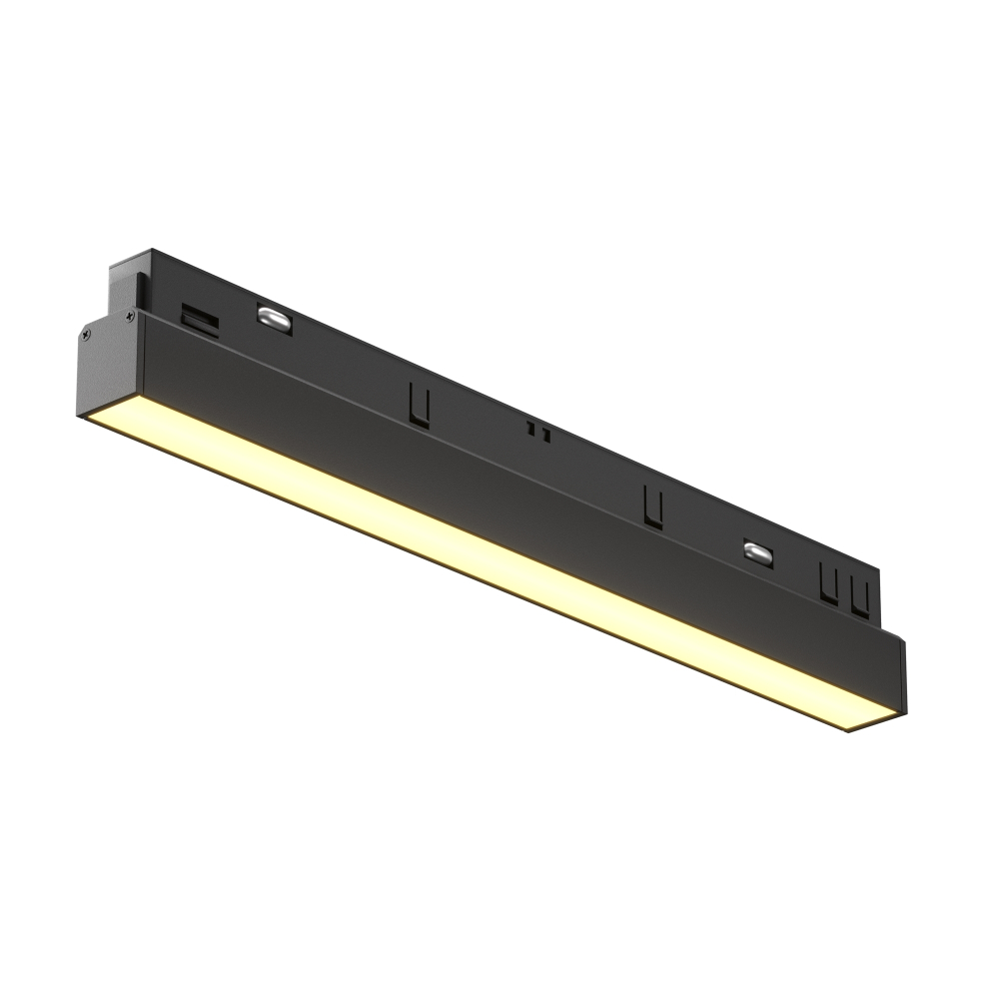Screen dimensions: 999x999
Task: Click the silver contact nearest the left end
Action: (270, 317)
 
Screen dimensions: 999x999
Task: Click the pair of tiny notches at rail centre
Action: (540, 434)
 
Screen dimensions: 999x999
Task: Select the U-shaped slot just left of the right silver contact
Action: (652, 505)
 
